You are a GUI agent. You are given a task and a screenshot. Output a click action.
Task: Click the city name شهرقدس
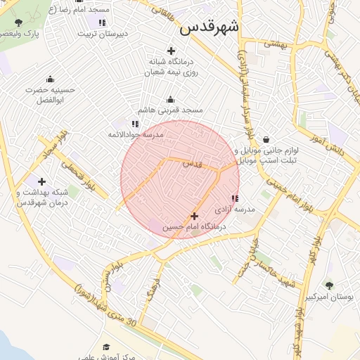[x=209, y=27]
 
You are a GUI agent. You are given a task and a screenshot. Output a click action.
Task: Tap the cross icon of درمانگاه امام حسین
[x=195, y=216]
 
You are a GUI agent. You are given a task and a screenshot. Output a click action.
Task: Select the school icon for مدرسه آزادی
[x=234, y=198]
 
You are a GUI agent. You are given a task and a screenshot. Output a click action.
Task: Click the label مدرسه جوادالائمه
[x=136, y=134]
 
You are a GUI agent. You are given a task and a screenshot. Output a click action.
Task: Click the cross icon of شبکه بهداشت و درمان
[x=42, y=181]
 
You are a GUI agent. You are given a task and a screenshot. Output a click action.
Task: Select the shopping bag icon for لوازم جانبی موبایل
[x=266, y=139]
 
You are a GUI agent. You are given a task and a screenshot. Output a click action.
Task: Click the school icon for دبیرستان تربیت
[x=102, y=22]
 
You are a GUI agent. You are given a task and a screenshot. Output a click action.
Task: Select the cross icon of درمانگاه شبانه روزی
[x=171, y=50]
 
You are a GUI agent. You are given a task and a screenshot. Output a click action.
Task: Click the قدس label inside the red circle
[x=192, y=163]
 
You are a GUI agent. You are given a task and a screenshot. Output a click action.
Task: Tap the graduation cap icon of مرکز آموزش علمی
[x=107, y=347]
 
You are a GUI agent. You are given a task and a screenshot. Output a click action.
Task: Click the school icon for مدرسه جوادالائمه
[x=135, y=123]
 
